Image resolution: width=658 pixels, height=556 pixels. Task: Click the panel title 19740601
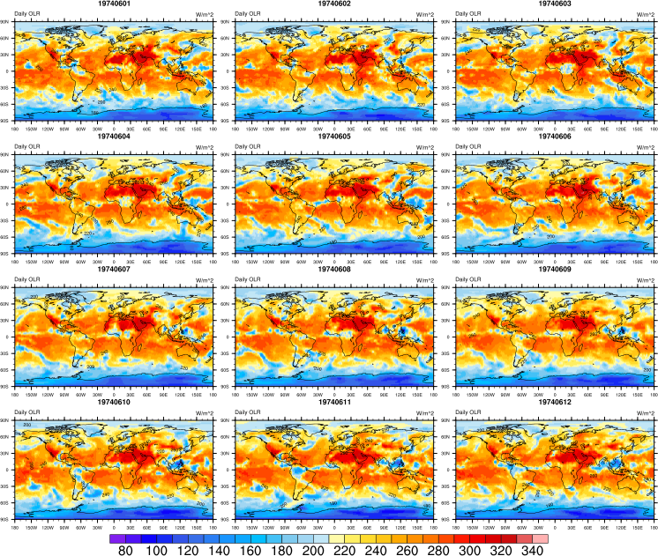tap(115, 5)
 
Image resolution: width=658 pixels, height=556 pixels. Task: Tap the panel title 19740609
tap(554, 270)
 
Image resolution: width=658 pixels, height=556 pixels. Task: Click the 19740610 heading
tap(115, 403)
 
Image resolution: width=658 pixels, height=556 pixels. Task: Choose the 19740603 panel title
tap(554, 5)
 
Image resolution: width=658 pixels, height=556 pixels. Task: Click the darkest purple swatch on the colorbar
tap(118, 537)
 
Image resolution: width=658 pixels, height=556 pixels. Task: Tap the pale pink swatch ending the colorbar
tap(540, 537)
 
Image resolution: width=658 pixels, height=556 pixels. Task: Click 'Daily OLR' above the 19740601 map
tap(26, 15)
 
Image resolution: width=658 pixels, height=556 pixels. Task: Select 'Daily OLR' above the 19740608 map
tap(246, 279)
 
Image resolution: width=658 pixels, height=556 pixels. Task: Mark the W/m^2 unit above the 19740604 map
tap(204, 147)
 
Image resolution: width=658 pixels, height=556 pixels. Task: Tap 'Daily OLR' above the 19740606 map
tap(466, 147)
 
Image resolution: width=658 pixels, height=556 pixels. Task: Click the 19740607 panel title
tap(115, 270)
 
